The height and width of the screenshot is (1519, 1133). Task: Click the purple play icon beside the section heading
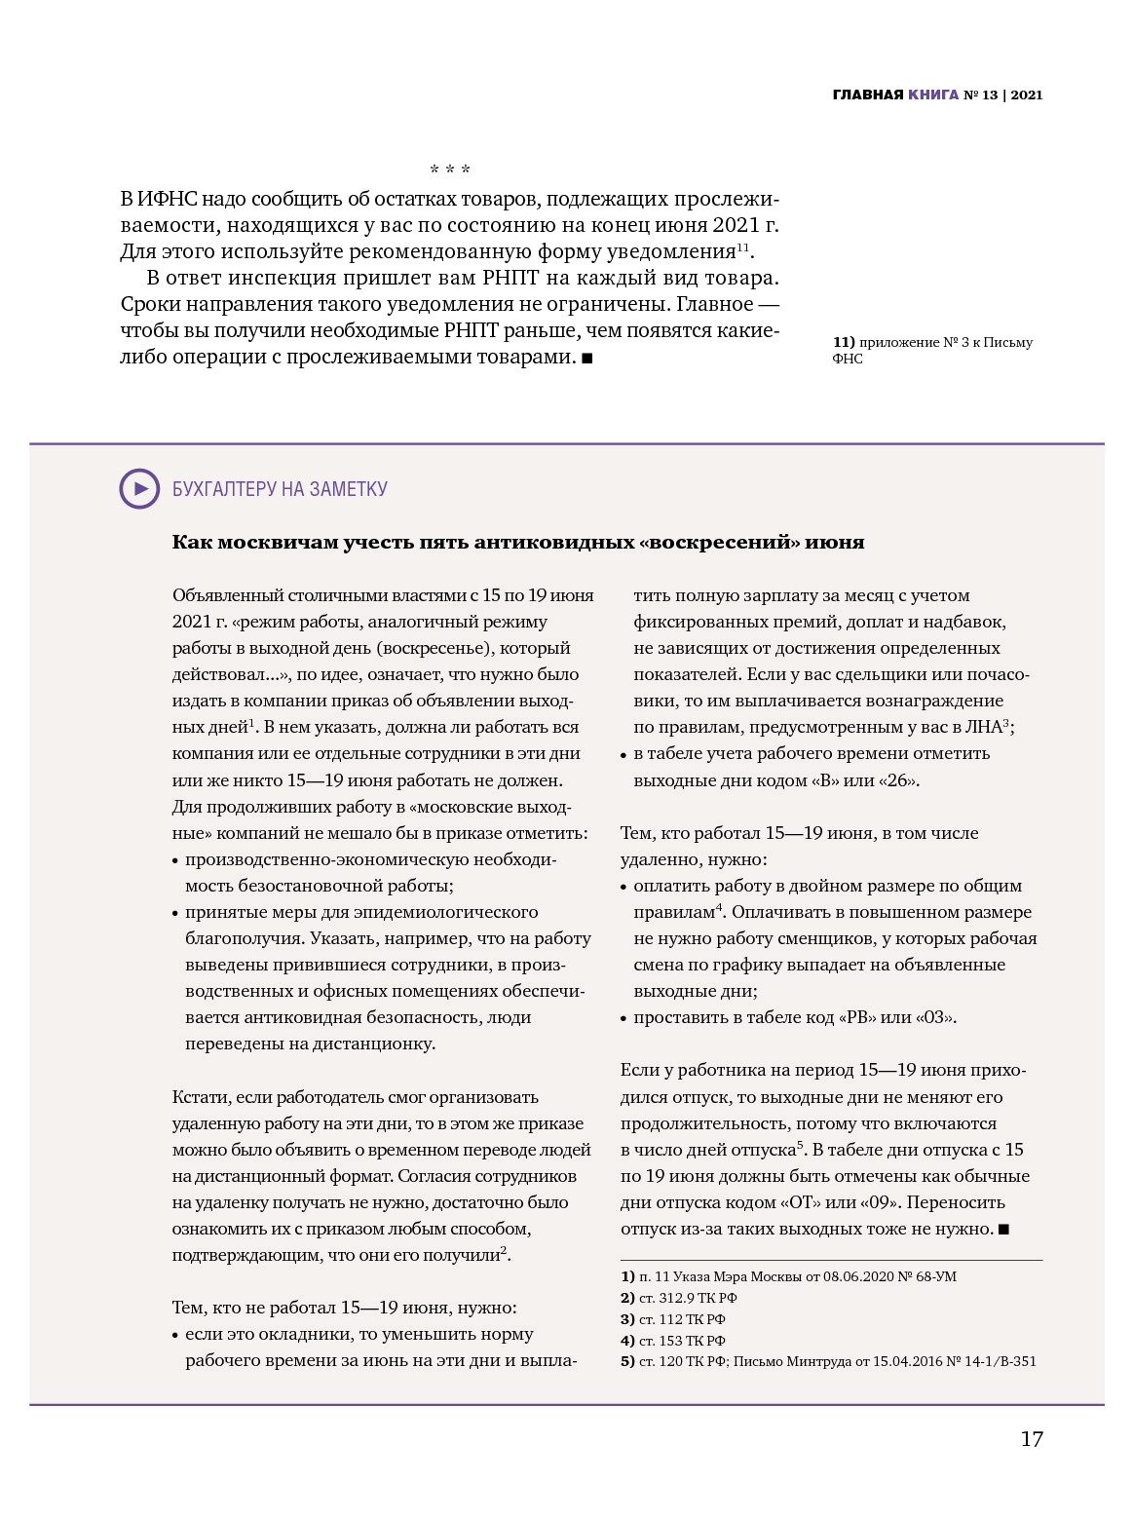(x=139, y=489)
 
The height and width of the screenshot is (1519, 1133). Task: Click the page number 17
(x=1032, y=1439)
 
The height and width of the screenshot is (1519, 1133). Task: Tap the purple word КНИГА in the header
(x=933, y=95)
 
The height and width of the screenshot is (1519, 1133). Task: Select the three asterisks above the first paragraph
(x=450, y=171)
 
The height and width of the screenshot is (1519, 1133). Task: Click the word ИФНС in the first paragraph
(x=167, y=199)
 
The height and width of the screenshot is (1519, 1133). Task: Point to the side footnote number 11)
(x=844, y=342)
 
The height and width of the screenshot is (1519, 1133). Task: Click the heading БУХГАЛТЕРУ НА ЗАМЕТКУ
(x=280, y=489)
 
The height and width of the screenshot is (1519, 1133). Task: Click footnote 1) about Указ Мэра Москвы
(x=789, y=1276)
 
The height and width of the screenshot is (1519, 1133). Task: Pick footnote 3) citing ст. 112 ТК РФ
(x=673, y=1319)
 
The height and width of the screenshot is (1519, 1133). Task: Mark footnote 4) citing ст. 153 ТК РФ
(x=673, y=1341)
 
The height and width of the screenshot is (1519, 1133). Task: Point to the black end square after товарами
(x=587, y=359)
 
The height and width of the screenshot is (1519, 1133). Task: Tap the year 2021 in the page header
(x=1027, y=95)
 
